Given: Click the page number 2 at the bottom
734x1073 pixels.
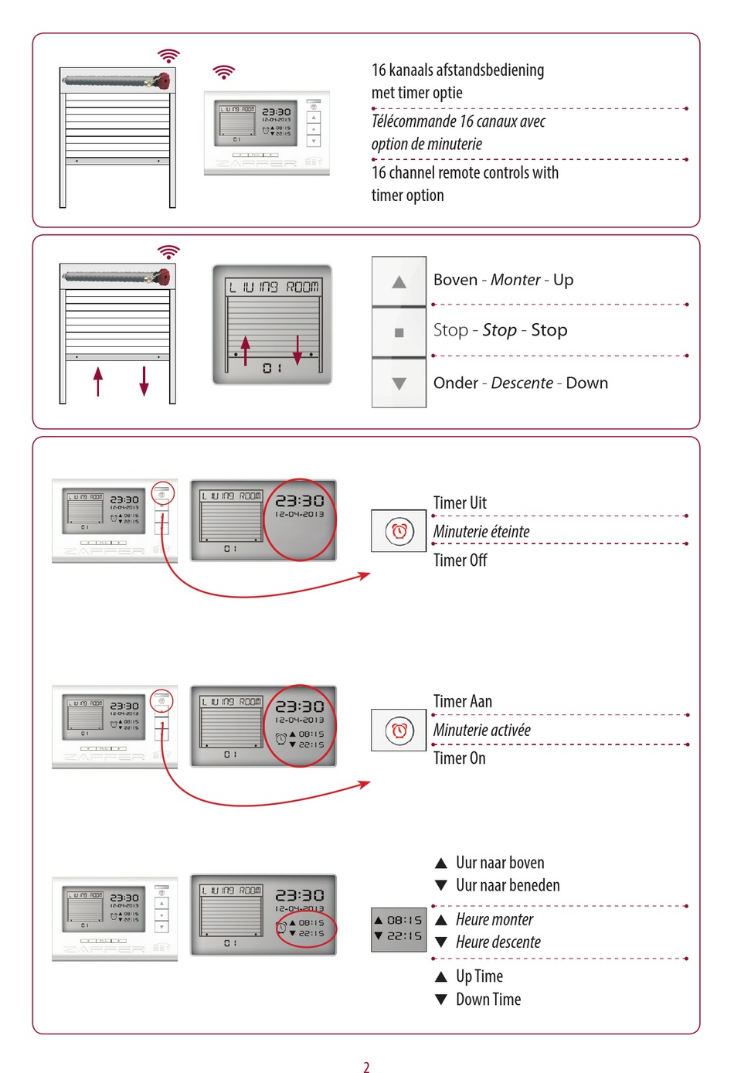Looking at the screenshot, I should [x=366, y=1067].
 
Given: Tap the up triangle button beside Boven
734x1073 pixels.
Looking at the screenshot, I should [x=399, y=282].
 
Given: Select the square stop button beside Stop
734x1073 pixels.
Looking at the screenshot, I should [x=399, y=332].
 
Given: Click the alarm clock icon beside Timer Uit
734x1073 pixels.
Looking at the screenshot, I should [x=399, y=531].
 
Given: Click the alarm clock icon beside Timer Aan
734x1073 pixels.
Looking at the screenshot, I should [x=399, y=731].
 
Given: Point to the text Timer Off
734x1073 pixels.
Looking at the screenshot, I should [x=460, y=560].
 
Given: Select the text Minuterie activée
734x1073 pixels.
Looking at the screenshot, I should [x=481, y=730].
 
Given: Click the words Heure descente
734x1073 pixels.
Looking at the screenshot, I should [x=498, y=942].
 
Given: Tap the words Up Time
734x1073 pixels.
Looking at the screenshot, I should [x=479, y=976].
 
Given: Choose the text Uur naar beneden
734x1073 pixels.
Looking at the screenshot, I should [x=508, y=885].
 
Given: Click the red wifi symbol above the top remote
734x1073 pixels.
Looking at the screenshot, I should [x=223, y=72].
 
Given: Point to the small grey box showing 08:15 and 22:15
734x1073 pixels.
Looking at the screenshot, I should [x=399, y=928].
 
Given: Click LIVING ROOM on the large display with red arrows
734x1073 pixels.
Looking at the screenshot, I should [x=274, y=287].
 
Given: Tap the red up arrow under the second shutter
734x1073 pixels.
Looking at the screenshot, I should [x=98, y=381].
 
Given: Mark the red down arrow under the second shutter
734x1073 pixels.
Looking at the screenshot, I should [x=144, y=381].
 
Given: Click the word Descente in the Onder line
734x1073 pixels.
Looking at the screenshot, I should [x=522, y=383].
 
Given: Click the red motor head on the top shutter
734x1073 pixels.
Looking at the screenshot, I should [x=164, y=80].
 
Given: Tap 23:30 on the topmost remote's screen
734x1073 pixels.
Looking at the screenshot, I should [x=276, y=112].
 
